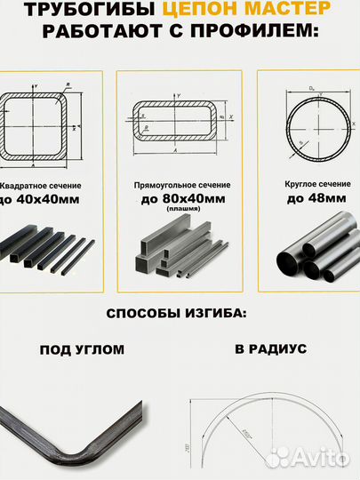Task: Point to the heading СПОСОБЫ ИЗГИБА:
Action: click(179, 315)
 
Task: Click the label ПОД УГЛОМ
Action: click(83, 349)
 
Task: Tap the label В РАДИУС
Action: click(271, 349)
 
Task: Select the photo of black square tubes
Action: click(49, 250)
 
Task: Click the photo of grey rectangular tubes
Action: click(177, 253)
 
